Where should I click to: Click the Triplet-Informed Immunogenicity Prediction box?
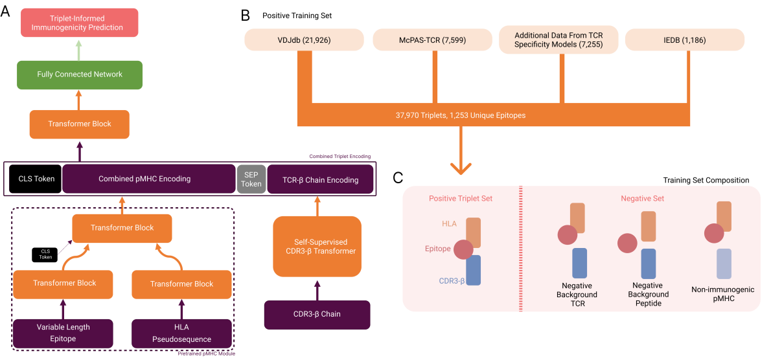pos(80,23)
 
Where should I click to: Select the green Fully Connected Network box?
pos(80,74)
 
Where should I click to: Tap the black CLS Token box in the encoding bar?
pos(36,179)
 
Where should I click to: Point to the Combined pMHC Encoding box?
pos(148,179)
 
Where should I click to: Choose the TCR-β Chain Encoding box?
pos(320,179)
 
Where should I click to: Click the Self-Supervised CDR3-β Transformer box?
pos(317,247)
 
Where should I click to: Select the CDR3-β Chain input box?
pos(317,314)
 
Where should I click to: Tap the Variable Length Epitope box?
pos(63,333)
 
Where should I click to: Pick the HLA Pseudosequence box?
pos(181,333)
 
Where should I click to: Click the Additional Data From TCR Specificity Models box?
pos(558,40)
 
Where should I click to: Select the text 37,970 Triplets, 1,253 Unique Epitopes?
pos(461,115)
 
